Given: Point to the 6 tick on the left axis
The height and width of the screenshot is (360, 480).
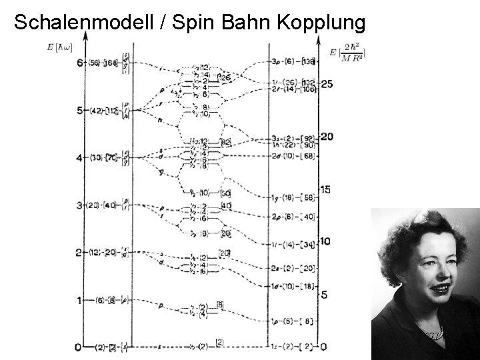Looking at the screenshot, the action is pyautogui.click(x=79, y=63).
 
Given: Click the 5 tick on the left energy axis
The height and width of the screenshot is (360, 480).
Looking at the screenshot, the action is pyautogui.click(x=79, y=111).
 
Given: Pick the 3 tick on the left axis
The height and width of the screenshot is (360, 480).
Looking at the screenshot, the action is pyautogui.click(x=79, y=205).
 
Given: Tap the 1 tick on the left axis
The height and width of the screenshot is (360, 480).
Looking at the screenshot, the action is pyautogui.click(x=79, y=301).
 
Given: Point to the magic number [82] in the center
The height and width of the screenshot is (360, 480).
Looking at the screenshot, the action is pyautogui.click(x=226, y=142).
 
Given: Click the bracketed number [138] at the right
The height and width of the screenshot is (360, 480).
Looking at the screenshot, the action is pyautogui.click(x=308, y=62).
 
